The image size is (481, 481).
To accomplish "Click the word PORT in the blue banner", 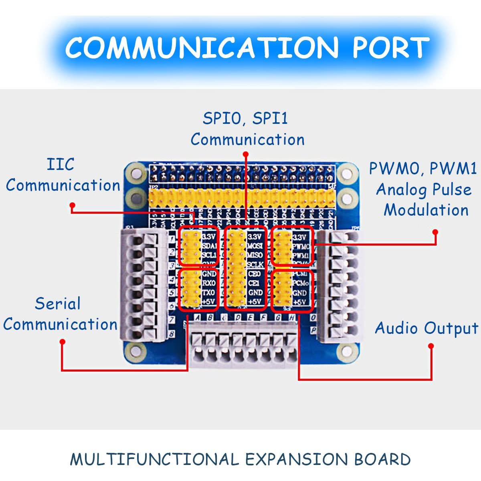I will click(x=390, y=48).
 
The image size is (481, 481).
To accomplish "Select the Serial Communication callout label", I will click(x=60, y=314).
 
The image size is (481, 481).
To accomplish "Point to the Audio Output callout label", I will click(x=426, y=328).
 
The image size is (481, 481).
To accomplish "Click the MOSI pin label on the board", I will click(x=255, y=246).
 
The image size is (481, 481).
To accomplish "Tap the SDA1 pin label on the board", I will click(x=210, y=246).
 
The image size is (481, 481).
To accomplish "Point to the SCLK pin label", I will click(x=255, y=265).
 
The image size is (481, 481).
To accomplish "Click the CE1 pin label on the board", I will click(x=255, y=283).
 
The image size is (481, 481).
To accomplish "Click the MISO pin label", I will click(x=255, y=255).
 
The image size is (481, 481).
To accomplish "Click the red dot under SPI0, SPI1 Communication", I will click(x=246, y=154).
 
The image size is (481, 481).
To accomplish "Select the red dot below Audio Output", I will click(x=431, y=346).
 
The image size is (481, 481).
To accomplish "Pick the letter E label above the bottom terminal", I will click(x=250, y=318).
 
